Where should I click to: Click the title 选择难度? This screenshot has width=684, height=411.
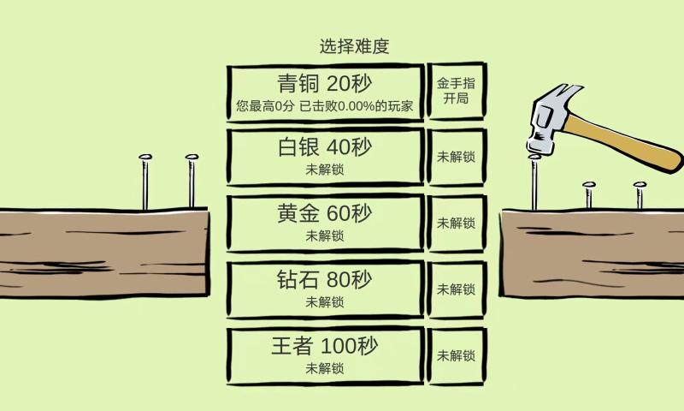pyautogui.click(x=354, y=46)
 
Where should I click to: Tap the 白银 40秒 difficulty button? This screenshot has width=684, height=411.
pyautogui.click(x=325, y=157)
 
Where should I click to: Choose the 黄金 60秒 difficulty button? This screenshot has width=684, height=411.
pyautogui.click(x=325, y=223)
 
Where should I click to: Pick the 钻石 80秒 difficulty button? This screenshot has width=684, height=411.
pyautogui.click(x=325, y=289)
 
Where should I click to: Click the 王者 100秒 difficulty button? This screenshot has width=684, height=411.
pyautogui.click(x=325, y=355)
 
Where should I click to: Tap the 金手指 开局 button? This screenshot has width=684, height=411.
pyautogui.click(x=457, y=91)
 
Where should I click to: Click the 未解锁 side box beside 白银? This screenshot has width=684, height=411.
pyautogui.click(x=457, y=157)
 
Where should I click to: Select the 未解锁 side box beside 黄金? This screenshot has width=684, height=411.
pyautogui.click(x=457, y=223)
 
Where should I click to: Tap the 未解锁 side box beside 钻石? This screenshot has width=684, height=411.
pyautogui.click(x=457, y=289)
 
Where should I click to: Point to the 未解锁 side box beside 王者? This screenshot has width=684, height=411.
pyautogui.click(x=457, y=355)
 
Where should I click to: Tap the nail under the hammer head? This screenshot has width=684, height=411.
pyautogui.click(x=534, y=182)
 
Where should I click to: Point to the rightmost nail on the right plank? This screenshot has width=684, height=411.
pyautogui.click(x=639, y=195)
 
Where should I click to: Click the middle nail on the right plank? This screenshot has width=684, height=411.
pyautogui.click(x=588, y=195)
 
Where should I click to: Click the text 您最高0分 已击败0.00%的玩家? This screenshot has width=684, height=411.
pyautogui.click(x=325, y=107)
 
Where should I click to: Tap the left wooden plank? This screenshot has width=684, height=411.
pyautogui.click(x=103, y=253)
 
